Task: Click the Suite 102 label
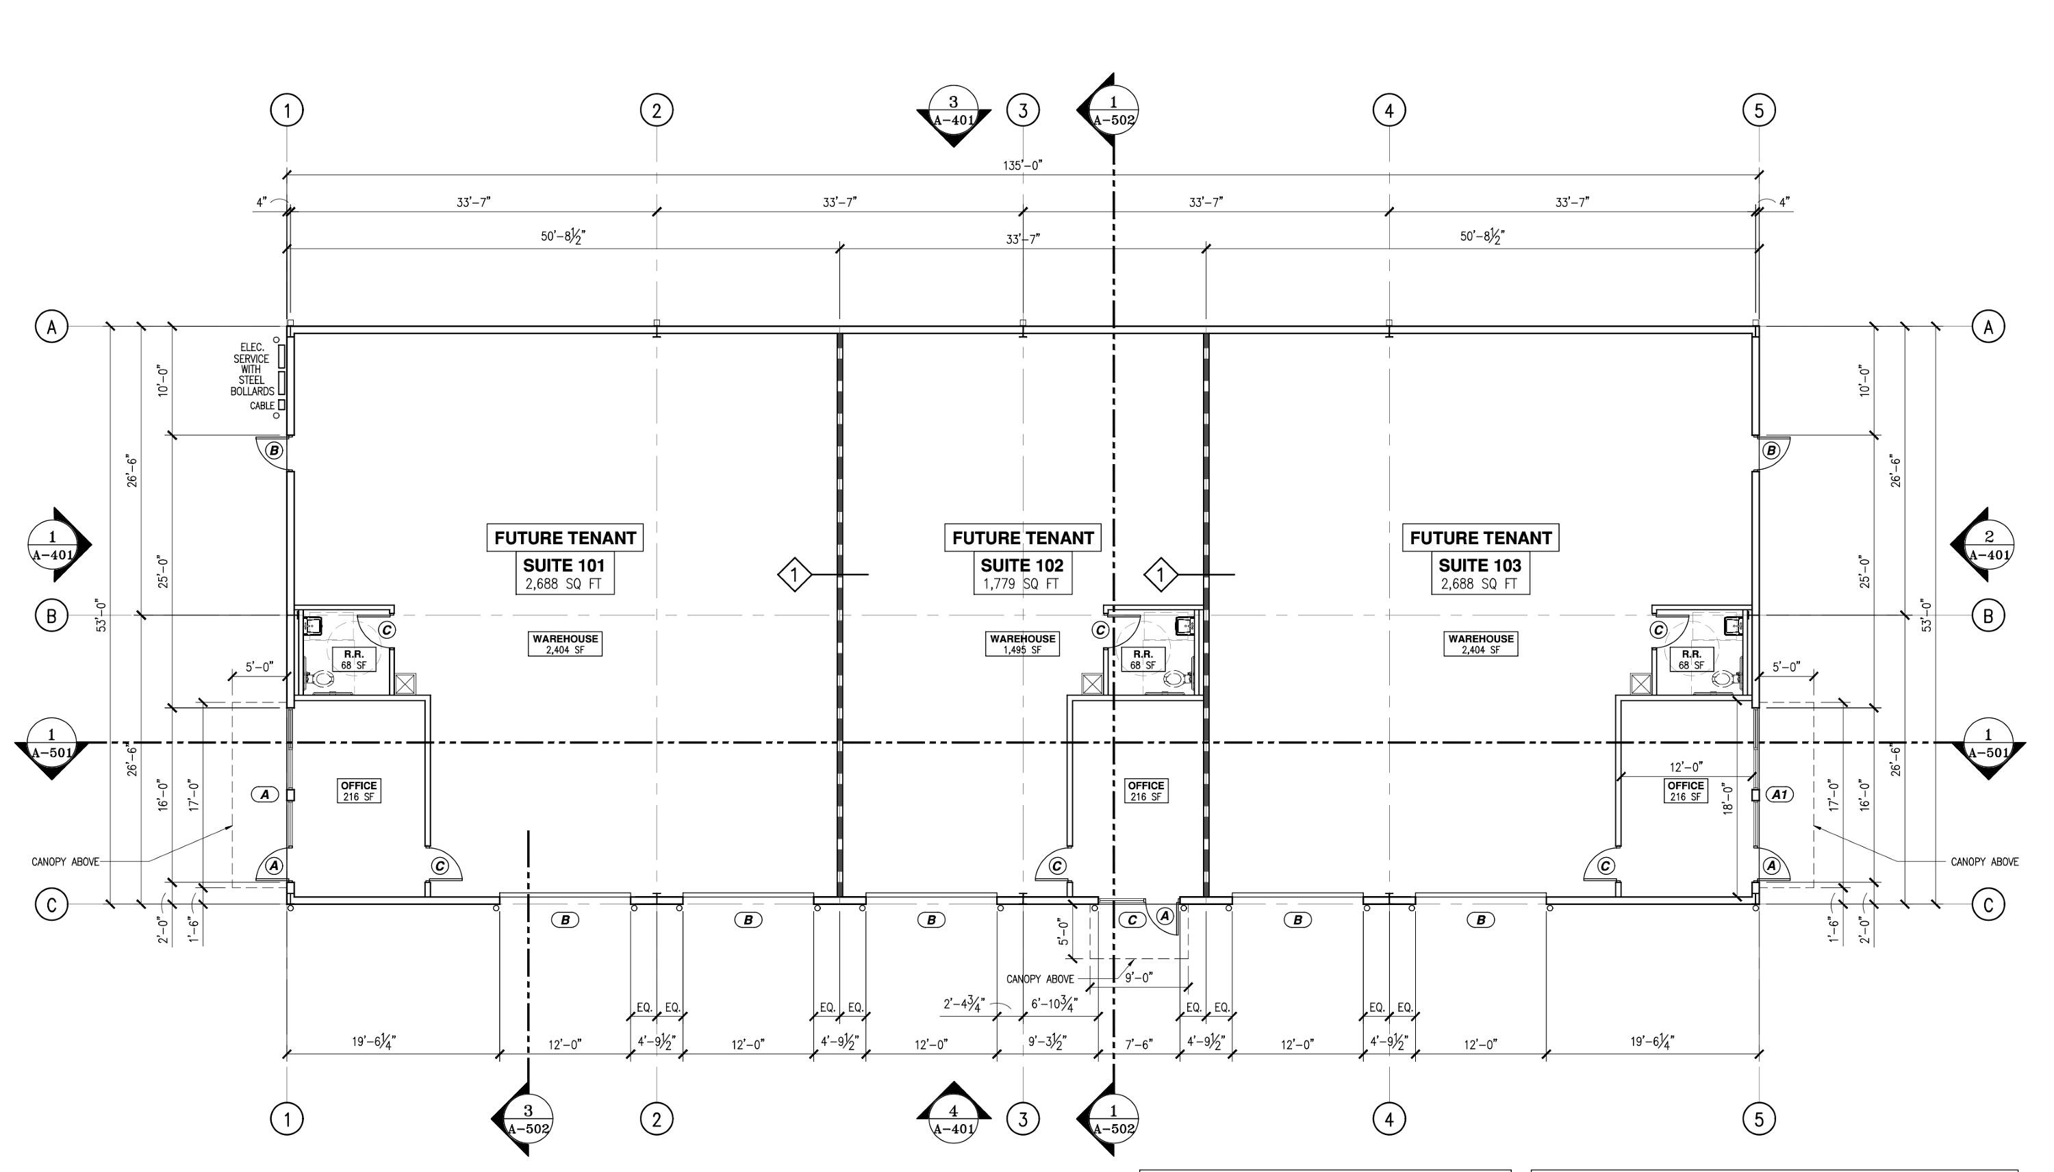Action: (1022, 565)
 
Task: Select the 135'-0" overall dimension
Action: (1022, 165)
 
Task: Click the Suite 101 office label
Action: (359, 791)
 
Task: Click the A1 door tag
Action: (1779, 795)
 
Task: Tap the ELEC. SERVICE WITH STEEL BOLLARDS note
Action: (252, 370)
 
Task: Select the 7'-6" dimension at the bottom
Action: (1138, 1045)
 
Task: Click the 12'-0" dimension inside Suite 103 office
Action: (1686, 767)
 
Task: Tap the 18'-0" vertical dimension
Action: (1727, 798)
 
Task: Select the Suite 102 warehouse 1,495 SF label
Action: (1022, 644)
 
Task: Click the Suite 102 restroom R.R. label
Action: (1143, 659)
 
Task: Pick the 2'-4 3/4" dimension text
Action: (964, 1004)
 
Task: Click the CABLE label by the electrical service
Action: (262, 406)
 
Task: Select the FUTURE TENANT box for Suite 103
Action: (1480, 537)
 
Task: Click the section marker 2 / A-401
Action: (1988, 545)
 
